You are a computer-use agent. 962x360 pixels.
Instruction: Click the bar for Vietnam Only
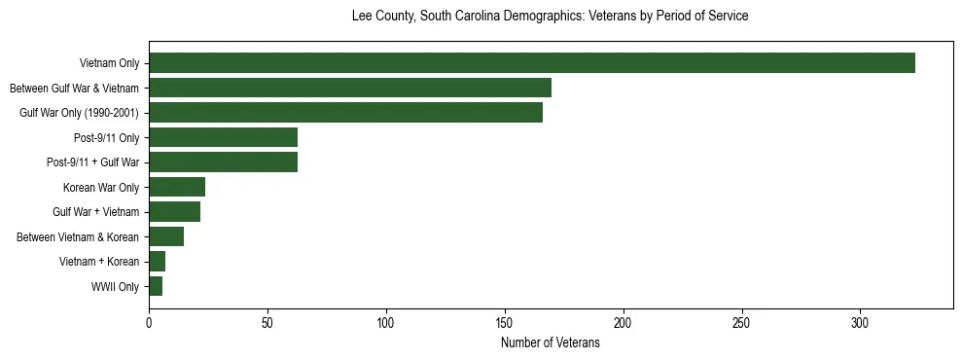click(x=532, y=63)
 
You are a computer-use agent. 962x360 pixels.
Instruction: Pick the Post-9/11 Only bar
click(x=223, y=137)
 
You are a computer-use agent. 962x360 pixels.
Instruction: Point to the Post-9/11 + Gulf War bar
click(x=223, y=162)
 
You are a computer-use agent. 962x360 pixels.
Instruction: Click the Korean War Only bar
click(x=177, y=187)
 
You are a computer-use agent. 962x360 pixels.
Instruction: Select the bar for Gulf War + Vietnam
click(x=174, y=212)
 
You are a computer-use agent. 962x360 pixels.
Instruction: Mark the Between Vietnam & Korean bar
click(x=166, y=236)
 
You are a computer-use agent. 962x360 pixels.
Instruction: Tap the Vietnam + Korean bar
click(x=158, y=262)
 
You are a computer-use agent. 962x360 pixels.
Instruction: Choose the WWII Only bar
click(x=156, y=286)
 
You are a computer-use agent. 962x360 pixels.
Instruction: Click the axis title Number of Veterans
click(x=551, y=343)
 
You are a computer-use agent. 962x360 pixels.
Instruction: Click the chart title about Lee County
click(x=551, y=17)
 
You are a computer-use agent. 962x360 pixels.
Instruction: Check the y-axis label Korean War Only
click(x=101, y=188)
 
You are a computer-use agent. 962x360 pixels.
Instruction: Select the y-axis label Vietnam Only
click(x=109, y=64)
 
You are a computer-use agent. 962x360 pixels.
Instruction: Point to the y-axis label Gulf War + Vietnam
click(x=95, y=212)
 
